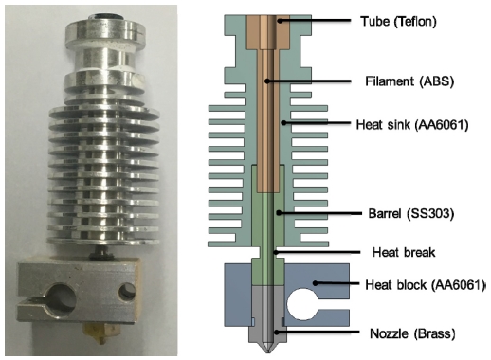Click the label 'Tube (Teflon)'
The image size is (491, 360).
coord(398,22)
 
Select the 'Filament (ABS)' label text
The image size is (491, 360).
coord(409,81)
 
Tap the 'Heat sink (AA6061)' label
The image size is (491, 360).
coord(412,125)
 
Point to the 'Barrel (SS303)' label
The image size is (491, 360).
coord(411,214)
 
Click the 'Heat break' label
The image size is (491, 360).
coord(404,253)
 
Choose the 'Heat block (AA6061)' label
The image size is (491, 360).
coord(425,285)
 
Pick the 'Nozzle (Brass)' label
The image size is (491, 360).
coord(412,333)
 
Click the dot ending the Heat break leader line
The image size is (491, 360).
coord(276,252)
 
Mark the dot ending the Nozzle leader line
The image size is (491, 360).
coord(277,333)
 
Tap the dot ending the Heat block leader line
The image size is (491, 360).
coord(315,283)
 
